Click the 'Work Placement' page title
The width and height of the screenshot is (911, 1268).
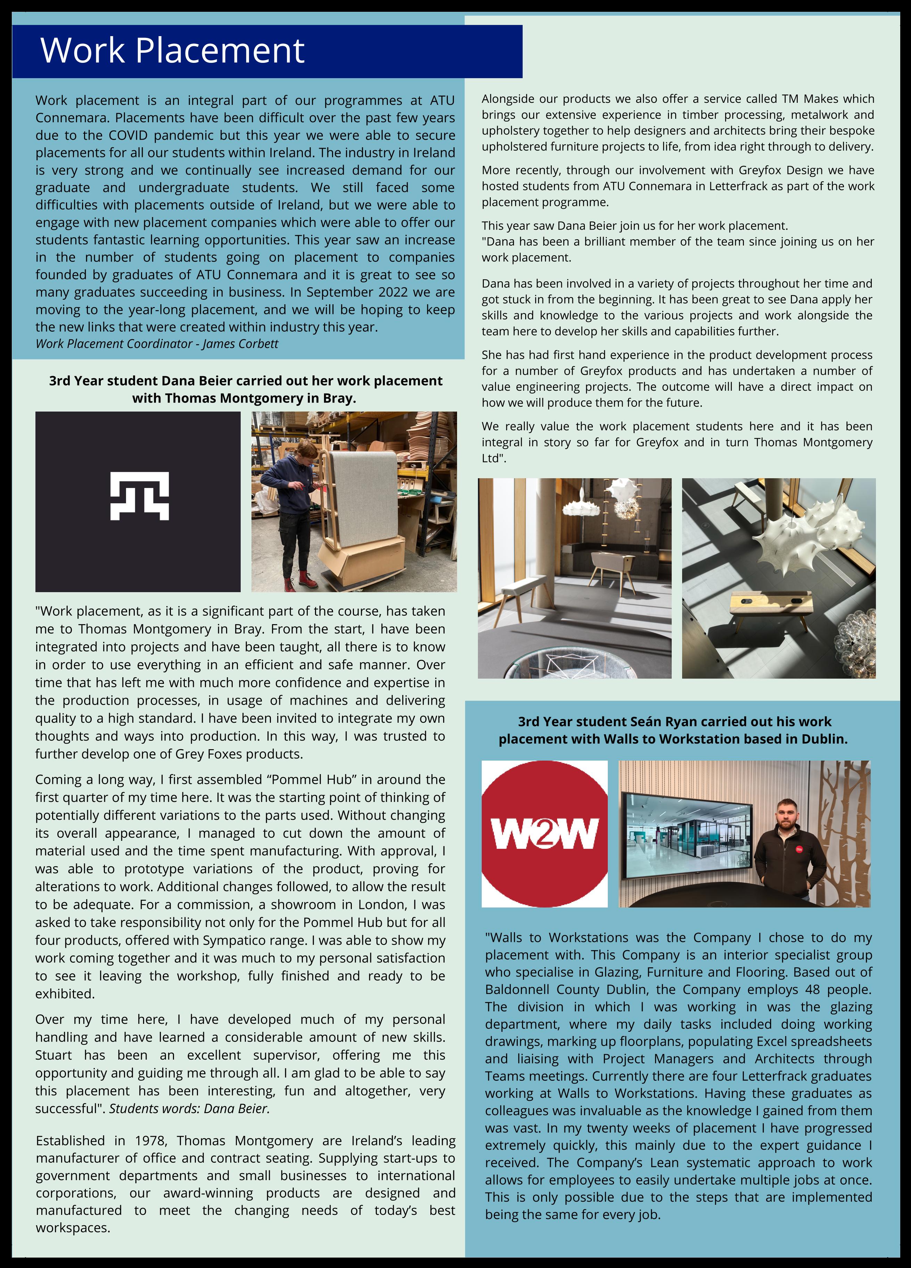tap(172, 50)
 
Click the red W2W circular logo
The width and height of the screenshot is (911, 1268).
tap(544, 834)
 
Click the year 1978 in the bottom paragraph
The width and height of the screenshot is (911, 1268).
tap(150, 1141)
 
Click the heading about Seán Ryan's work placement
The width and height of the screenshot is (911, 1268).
tap(673, 730)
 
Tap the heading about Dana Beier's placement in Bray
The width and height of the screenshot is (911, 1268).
tap(246, 389)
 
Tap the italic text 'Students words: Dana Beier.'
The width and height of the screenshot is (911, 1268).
tap(189, 1108)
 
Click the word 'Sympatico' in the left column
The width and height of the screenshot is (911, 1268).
tap(234, 940)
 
